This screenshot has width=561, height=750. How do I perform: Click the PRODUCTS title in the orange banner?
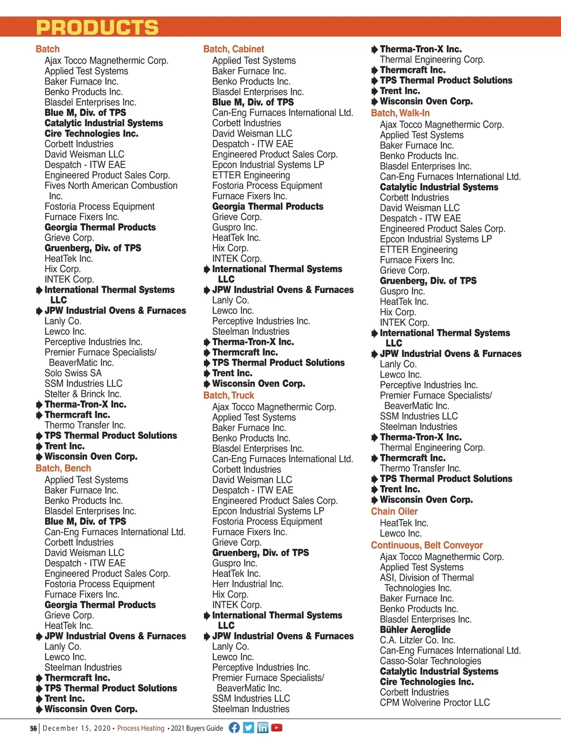tap(97, 27)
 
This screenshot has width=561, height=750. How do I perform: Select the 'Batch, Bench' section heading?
tap(63, 468)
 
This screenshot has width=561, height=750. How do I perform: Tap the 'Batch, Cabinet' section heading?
tap(233, 49)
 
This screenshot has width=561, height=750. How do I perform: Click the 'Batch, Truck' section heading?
tap(229, 395)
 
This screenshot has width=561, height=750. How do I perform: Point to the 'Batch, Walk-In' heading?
tap(400, 113)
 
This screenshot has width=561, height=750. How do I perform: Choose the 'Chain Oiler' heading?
tap(394, 511)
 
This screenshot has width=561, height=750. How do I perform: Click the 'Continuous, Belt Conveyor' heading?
tap(427, 545)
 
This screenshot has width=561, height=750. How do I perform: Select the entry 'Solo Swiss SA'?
tap(73, 373)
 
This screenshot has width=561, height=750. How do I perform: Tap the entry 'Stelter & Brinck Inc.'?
tap(83, 394)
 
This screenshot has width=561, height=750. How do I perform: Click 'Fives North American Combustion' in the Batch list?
tap(111, 186)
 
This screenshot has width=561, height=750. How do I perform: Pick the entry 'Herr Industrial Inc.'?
tap(248, 584)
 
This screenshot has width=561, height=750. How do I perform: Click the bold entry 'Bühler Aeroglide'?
tap(415, 630)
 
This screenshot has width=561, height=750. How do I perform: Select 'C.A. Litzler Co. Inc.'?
tap(417, 640)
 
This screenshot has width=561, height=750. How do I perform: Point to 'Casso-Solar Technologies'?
tap(431, 661)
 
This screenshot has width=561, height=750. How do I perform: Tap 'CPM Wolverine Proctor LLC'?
tap(435, 703)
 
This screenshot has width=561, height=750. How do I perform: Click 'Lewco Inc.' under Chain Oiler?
tap(401, 533)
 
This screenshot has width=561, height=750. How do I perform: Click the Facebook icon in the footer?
tap(234, 728)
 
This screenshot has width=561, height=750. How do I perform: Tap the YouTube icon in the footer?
tap(277, 728)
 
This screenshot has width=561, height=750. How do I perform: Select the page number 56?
tap(33, 728)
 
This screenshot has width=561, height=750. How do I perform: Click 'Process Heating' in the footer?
tap(141, 728)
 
